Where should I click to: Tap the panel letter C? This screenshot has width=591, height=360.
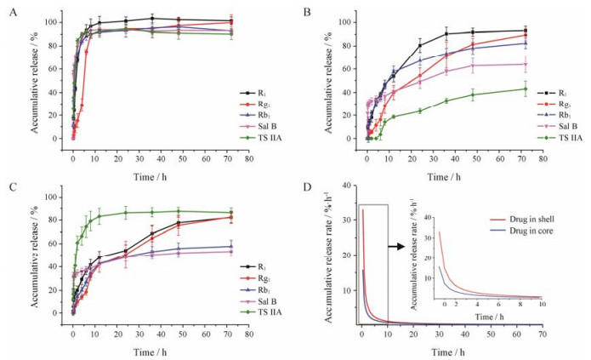click(x=8, y=186)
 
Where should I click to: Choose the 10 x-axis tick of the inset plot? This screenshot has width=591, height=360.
click(x=542, y=304)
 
